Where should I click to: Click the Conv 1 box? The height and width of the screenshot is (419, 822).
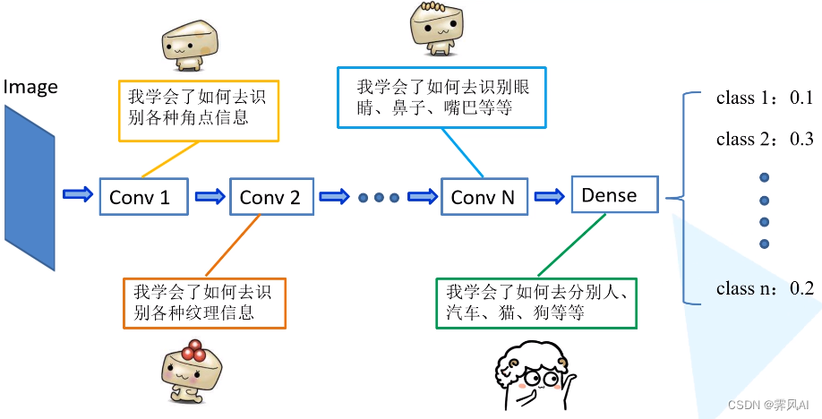coord(143,195)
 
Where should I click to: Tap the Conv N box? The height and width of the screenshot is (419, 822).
coord(484,196)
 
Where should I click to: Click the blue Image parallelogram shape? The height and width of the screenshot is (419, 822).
coord(30,188)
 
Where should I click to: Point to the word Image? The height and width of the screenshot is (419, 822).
coord(30,87)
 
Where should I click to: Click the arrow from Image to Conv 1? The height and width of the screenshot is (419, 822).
coord(77,194)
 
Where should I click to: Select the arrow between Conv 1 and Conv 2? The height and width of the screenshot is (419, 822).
coord(209,196)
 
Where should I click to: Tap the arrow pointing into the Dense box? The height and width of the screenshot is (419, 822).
coord(551,195)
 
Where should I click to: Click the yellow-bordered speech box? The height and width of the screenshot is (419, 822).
coord(199,110)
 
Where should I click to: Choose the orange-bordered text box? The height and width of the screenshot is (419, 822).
coord(204,303)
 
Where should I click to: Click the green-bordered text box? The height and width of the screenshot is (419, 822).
coord(535,303)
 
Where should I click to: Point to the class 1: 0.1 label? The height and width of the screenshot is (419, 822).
coord(764,98)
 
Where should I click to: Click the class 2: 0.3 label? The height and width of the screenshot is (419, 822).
coord(764,139)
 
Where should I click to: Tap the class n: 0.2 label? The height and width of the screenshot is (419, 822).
coord(764,288)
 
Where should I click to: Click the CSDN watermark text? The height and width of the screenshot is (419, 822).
coord(768,405)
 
